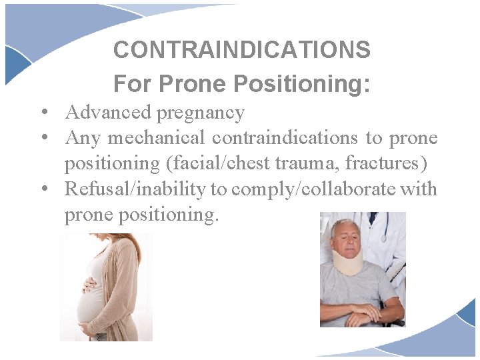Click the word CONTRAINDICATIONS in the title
(241, 49)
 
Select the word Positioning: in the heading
(302, 84)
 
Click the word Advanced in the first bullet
(108, 113)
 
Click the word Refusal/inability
(135, 189)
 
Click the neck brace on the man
(347, 261)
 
